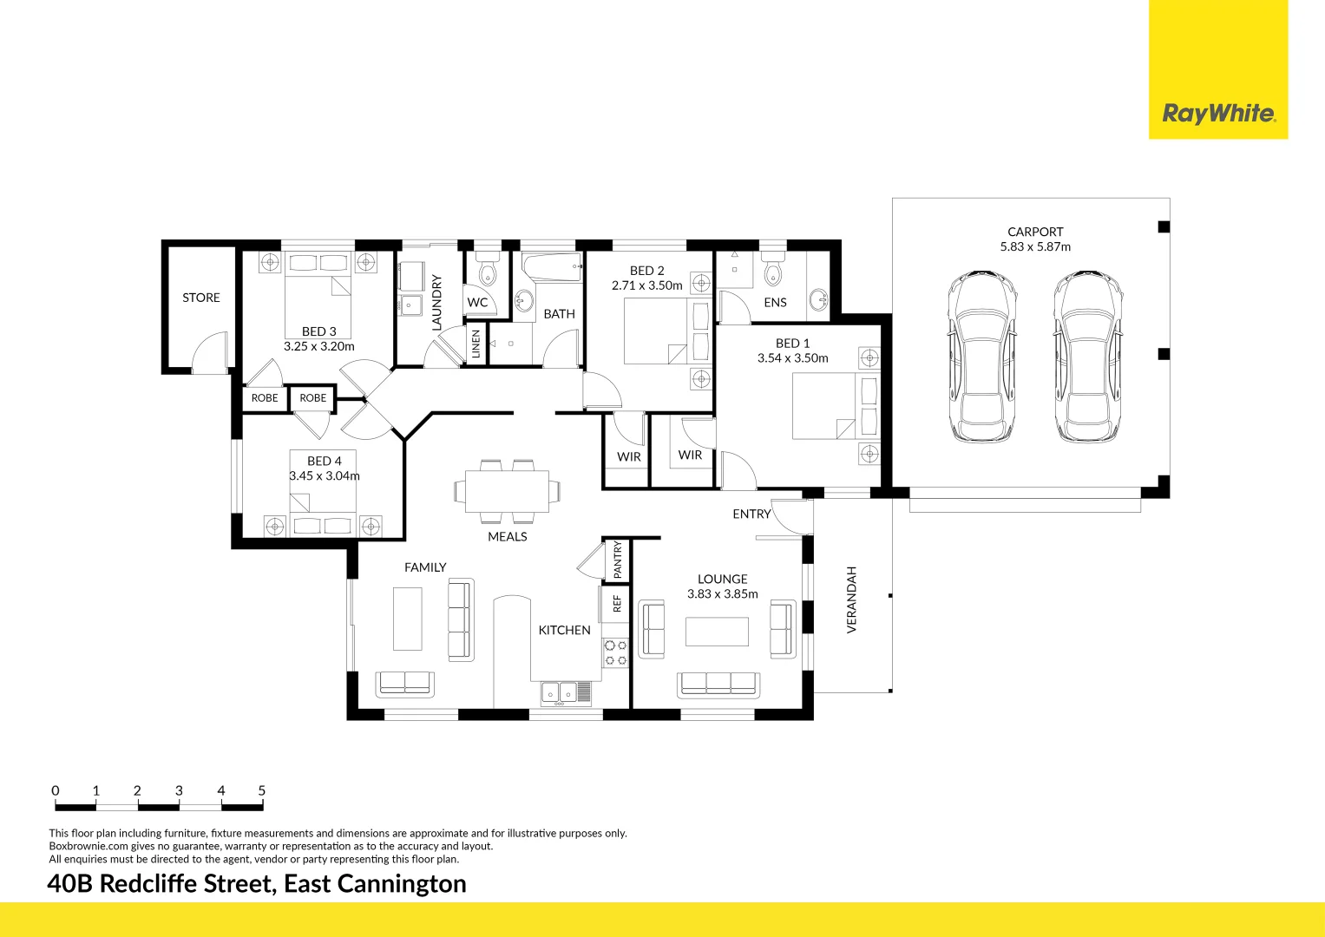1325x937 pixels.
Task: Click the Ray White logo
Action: pos(1218,114)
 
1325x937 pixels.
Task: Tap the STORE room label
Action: pos(201,298)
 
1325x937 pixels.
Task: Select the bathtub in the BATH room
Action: pos(553,267)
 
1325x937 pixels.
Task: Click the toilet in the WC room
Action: pos(487,268)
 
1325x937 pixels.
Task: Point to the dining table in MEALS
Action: pos(507,491)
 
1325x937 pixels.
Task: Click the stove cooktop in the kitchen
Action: pos(616,652)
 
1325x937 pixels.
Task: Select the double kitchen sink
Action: pos(560,692)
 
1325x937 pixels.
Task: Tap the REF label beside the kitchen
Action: pos(618,603)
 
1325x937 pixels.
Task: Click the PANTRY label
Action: pos(618,560)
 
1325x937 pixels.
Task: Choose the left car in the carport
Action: pos(981,357)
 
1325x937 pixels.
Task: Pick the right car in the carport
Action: pos(1088,357)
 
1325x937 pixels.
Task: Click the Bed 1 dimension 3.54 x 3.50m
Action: pos(792,358)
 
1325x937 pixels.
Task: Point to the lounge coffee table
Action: pos(717,632)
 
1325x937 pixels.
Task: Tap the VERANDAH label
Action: pos(851,600)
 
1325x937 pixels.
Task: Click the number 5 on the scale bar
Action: pos(261,790)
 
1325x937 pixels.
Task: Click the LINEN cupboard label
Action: pos(476,344)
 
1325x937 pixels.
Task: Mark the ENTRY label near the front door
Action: pos(751,514)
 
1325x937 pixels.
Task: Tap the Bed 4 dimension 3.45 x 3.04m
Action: pos(324,475)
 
